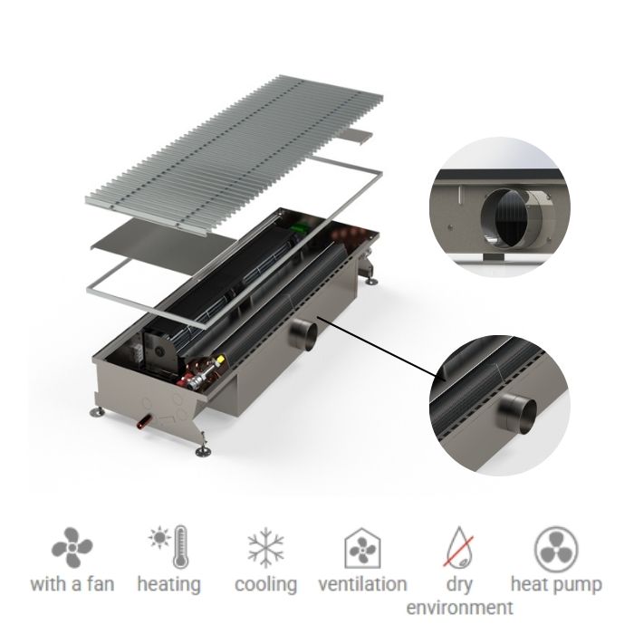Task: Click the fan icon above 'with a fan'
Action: pos(72,548)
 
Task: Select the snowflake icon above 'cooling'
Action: pos(265,548)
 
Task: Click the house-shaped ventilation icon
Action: pos(361,548)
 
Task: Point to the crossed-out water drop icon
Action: pos(458,548)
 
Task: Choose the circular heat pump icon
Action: pos(555,548)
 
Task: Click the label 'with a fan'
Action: pos(72,584)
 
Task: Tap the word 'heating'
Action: pos(168,584)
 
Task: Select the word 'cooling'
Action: pos(265,584)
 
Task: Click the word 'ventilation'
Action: pos(362,584)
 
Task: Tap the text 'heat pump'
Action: pos(556,584)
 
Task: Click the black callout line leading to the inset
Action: pos(380,349)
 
